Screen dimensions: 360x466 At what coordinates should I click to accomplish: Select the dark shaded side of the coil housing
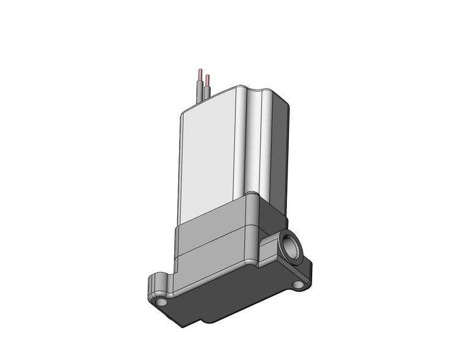pyautogui.click(x=280, y=153)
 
